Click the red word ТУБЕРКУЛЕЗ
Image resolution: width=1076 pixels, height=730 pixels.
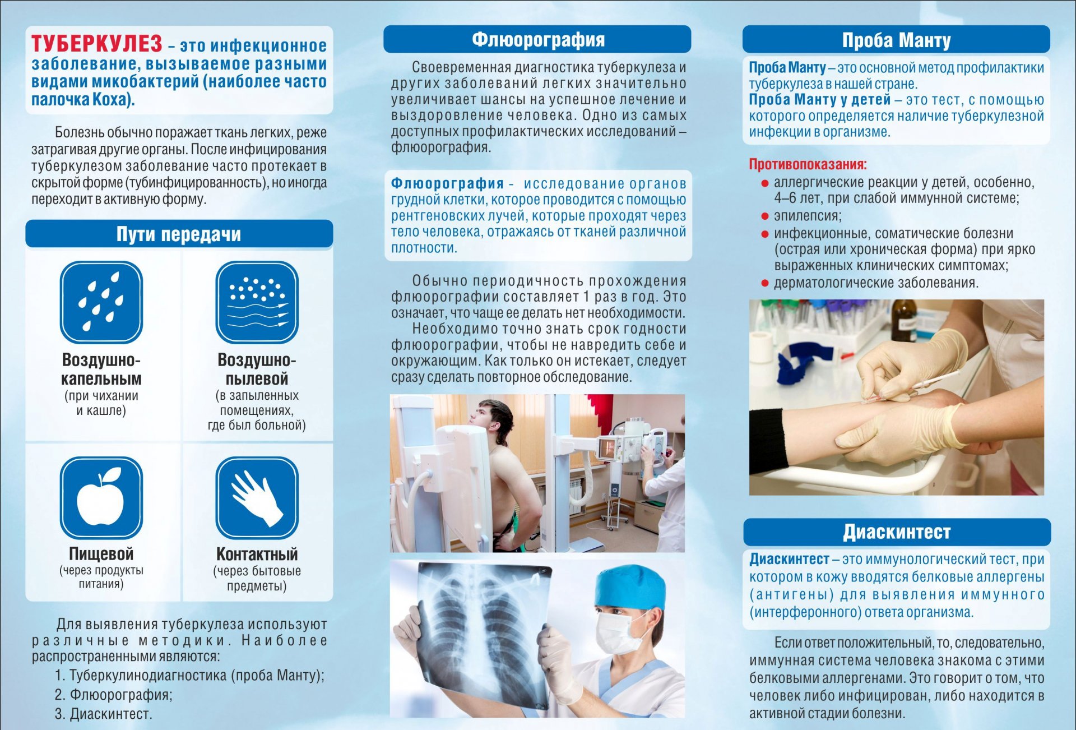click(96, 43)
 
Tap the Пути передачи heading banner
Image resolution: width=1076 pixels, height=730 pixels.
click(179, 234)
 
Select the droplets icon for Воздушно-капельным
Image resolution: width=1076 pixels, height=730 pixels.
click(101, 302)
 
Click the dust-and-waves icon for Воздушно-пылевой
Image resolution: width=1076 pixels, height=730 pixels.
click(257, 302)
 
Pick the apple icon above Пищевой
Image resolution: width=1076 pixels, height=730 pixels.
click(101, 497)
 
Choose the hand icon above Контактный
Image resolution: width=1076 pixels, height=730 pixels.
click(257, 497)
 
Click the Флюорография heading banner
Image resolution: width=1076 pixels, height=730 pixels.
click(537, 39)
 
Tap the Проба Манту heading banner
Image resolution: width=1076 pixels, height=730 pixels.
click(896, 40)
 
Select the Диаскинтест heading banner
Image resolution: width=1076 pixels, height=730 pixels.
click(897, 532)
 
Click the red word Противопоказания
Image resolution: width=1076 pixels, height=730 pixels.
click(808, 164)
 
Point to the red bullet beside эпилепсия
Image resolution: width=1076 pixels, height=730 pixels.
click(764, 216)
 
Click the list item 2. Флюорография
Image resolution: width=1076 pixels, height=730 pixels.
click(114, 695)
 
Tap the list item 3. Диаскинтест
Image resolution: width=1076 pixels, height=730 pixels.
click(104, 714)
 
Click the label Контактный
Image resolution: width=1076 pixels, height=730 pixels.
click(257, 554)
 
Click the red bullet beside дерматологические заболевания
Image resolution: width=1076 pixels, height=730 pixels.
click(764, 283)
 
